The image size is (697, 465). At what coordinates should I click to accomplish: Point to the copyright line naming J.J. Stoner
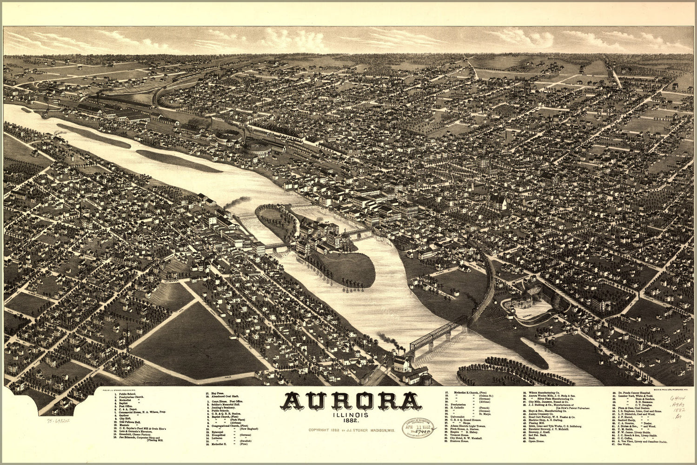click(351, 430)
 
